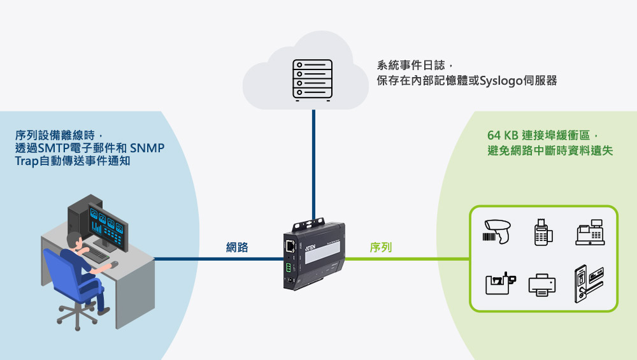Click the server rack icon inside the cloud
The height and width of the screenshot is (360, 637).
(312, 80)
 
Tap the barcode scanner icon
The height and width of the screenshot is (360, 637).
(497, 231)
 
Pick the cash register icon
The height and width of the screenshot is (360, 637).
(589, 233)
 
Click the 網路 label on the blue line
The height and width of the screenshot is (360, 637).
(237, 247)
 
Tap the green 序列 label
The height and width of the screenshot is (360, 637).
(380, 247)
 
